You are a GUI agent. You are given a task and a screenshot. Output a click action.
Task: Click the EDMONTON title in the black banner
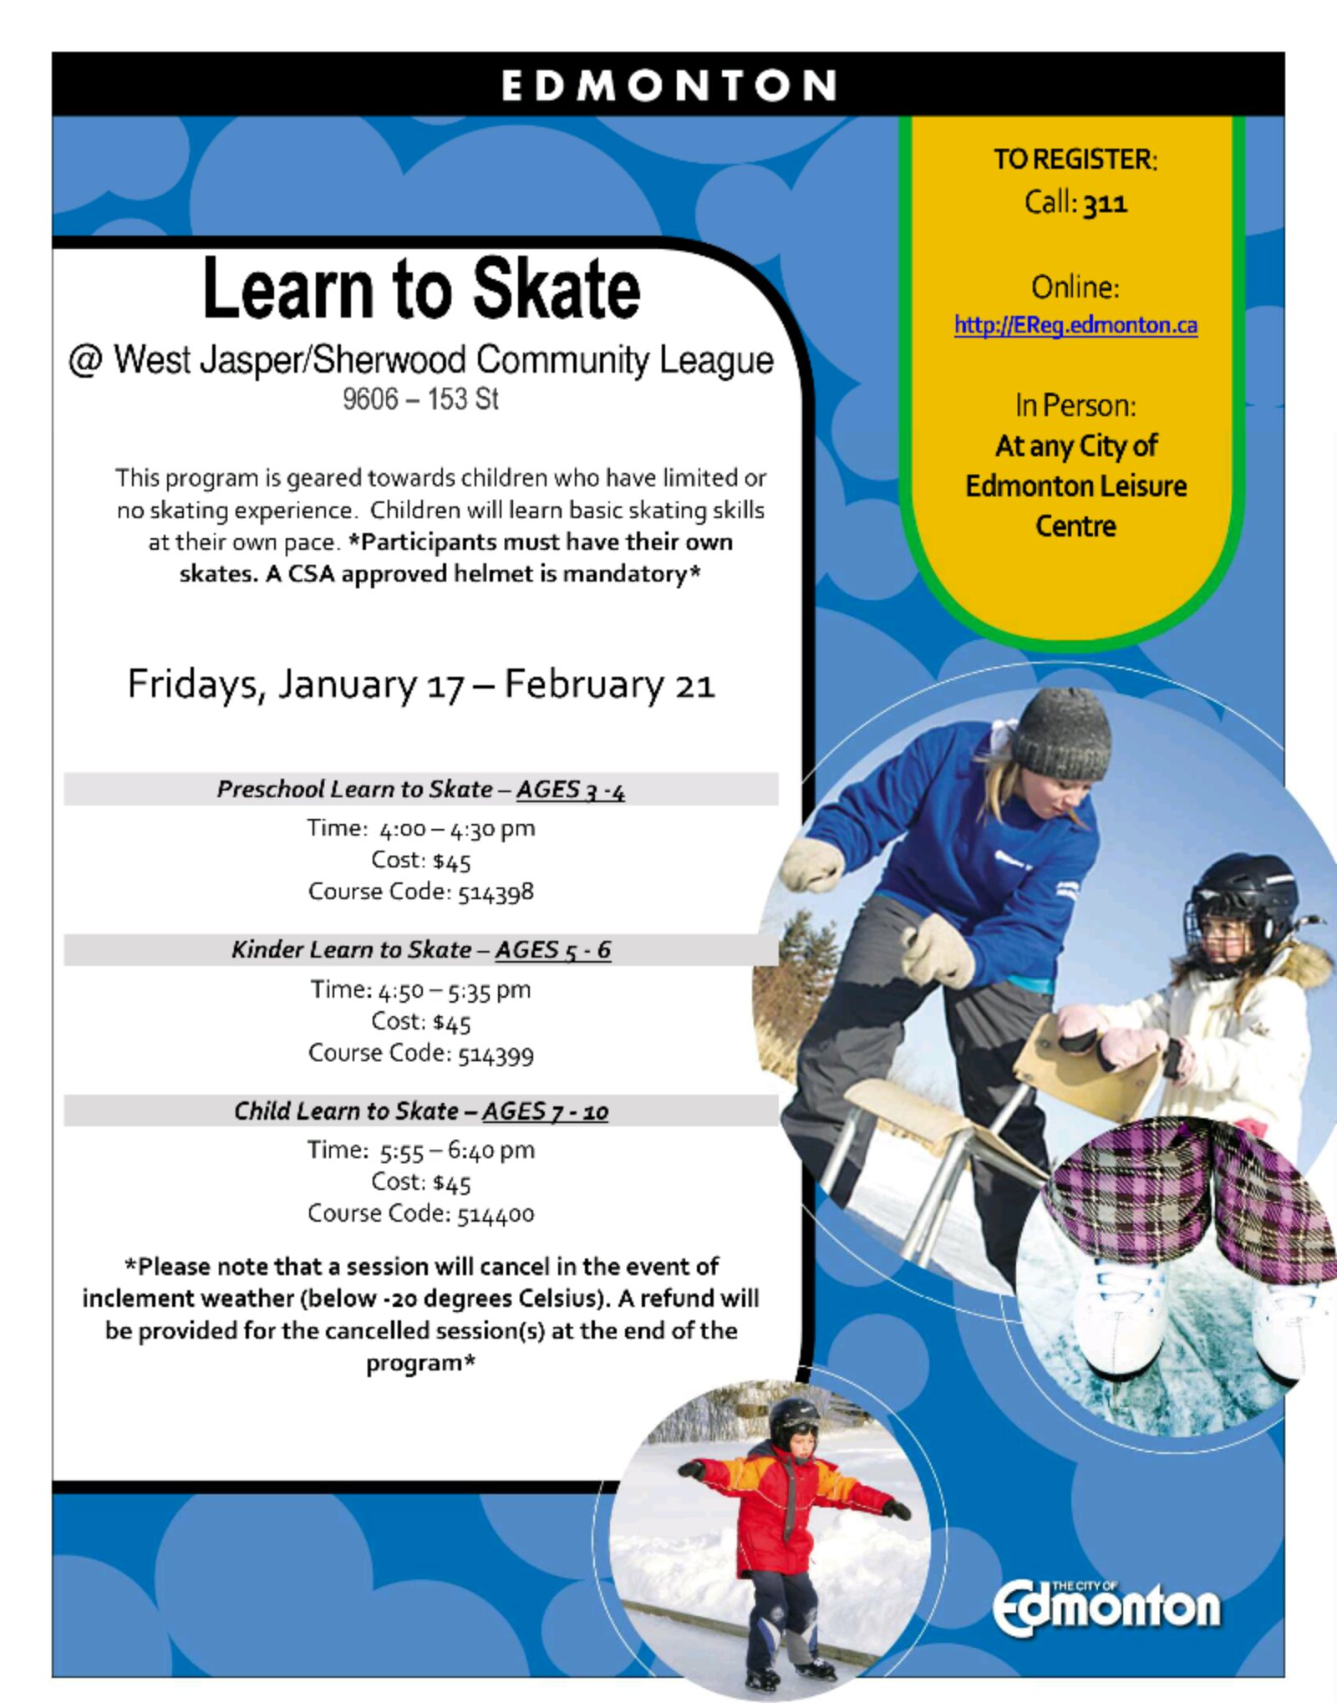click(668, 85)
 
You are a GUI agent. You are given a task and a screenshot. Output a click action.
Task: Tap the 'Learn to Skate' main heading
click(422, 288)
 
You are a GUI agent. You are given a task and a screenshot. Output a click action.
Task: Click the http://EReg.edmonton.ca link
click(1076, 325)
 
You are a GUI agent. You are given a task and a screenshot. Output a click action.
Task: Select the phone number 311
click(1106, 202)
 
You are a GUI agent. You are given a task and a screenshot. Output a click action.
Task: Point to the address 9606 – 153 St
click(420, 399)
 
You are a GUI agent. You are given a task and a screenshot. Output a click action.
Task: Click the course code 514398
click(496, 892)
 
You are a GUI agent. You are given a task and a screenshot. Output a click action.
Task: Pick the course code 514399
click(496, 1054)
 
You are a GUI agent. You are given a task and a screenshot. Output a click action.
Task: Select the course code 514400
click(496, 1214)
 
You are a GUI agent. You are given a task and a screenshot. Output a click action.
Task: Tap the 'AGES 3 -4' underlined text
click(571, 790)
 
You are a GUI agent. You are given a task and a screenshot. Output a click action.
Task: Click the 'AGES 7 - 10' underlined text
click(545, 1111)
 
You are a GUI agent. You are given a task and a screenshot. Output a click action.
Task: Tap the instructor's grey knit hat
click(1061, 734)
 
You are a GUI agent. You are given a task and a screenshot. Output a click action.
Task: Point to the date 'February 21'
click(609, 684)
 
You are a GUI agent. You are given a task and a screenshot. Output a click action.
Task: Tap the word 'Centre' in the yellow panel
click(1075, 526)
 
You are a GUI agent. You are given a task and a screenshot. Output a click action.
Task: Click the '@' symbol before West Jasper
click(85, 361)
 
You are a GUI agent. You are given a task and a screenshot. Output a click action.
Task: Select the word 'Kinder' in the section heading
click(267, 950)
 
